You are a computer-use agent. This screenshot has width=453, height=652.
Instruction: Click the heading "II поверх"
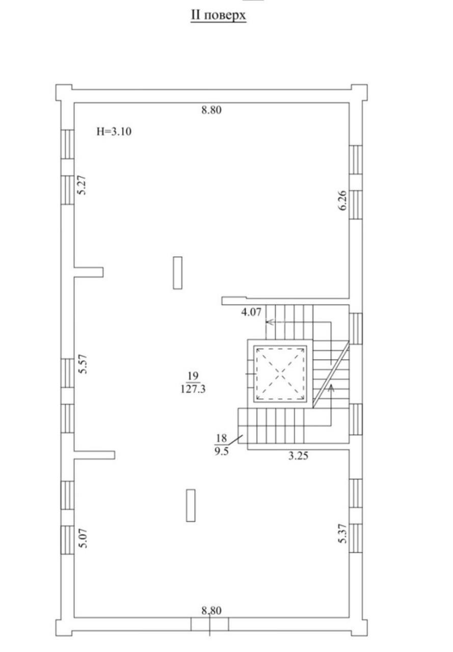tap(219, 15)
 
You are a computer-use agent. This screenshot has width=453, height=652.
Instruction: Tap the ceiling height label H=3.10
tap(114, 132)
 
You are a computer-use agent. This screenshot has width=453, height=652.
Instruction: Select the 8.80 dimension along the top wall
tap(211, 110)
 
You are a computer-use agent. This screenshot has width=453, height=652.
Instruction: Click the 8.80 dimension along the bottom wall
tap(211, 610)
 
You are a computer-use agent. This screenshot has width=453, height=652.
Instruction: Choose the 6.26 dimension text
tap(343, 200)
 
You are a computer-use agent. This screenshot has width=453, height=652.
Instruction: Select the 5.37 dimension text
tap(342, 533)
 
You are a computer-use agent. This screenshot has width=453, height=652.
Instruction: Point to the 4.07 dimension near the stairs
tap(251, 312)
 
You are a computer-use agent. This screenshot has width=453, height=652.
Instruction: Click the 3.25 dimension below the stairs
tap(298, 455)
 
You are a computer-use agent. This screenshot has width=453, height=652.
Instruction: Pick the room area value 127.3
tap(193, 389)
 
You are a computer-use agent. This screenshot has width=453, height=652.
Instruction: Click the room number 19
tap(193, 376)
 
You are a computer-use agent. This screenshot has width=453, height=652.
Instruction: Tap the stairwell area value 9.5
tap(222, 452)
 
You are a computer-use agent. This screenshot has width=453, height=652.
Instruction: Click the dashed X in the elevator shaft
tap(281, 373)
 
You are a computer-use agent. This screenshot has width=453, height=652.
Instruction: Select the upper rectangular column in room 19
tap(178, 273)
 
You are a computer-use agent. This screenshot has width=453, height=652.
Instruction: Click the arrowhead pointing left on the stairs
tap(270, 322)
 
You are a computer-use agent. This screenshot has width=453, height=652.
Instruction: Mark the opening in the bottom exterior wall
tap(209, 624)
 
